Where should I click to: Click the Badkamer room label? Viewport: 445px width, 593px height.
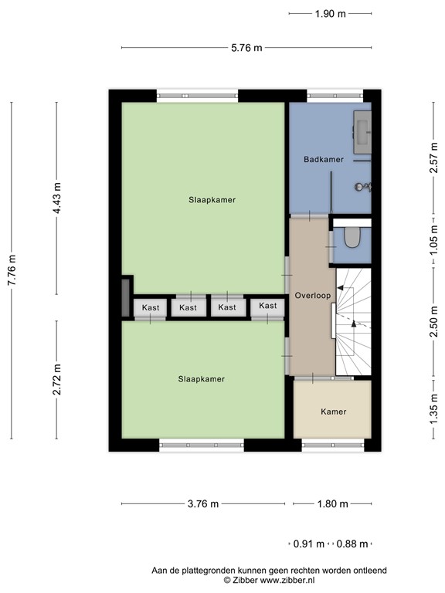324,160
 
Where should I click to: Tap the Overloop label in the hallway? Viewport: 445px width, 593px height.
311,296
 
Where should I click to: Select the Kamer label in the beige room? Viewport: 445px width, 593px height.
334,412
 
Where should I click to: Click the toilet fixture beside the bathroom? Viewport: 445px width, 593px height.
352,238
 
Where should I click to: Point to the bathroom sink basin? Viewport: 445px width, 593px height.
363,130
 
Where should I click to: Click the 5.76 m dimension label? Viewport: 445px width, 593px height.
247,48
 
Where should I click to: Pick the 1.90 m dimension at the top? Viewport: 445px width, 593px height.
330,13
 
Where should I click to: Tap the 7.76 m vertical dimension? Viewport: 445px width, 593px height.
12,269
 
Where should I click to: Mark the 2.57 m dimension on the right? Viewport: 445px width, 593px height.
433,160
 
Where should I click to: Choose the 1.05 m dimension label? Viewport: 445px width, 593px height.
433,246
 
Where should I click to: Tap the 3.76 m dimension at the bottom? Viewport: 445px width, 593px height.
203,504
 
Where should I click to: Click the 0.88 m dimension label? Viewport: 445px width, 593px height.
352,544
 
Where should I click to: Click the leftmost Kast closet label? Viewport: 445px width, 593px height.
151,307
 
